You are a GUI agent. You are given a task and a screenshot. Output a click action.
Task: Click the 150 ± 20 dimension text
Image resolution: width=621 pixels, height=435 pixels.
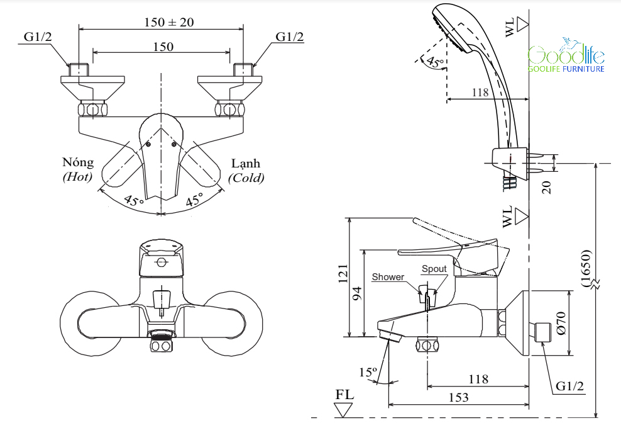pyautogui.click(x=169, y=22)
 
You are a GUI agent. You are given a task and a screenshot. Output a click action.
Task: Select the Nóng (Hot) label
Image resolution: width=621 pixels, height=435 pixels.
pyautogui.click(x=78, y=169)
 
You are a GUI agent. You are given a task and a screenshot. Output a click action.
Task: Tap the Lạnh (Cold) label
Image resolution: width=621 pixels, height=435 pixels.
pyautogui.click(x=246, y=171)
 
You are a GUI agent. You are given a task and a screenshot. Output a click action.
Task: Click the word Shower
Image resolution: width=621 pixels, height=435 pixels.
pyautogui.click(x=388, y=277)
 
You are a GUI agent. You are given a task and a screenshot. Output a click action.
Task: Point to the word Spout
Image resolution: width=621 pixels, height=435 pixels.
pyautogui.click(x=434, y=269)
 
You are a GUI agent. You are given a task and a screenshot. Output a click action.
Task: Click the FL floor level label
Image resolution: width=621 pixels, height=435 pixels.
pyautogui.click(x=344, y=395)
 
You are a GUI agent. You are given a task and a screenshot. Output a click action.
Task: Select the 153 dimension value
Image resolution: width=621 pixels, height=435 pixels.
pyautogui.click(x=458, y=397)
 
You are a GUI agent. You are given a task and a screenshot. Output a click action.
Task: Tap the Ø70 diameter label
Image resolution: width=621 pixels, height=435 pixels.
pyautogui.click(x=561, y=323)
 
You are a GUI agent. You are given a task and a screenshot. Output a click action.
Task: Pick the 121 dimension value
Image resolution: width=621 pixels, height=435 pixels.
pyautogui.click(x=343, y=273)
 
